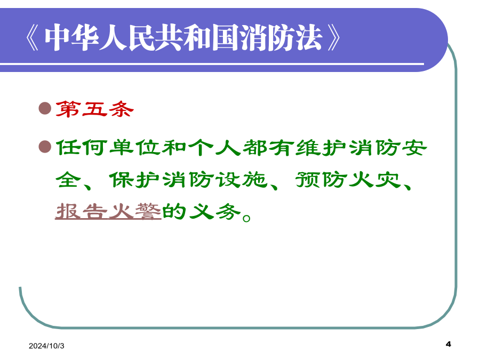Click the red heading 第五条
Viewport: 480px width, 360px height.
pos(94,109)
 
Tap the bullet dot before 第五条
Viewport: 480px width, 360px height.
pos(45,108)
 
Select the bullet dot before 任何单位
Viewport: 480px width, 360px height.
pos(45,147)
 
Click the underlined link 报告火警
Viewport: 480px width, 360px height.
pos(108,211)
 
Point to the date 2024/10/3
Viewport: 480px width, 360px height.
pos(46,346)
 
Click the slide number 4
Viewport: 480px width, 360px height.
pos(449,344)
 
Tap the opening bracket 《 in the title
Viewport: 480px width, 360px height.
pos(33,38)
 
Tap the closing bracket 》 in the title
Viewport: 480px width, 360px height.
pos(334,38)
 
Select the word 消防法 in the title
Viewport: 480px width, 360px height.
pos(281,37)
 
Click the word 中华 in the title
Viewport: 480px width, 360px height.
pos(72,37)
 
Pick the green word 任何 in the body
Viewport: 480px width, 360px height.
pos(82,148)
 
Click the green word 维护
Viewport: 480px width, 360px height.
pos(321,148)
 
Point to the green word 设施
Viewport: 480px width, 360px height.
pos(241,179)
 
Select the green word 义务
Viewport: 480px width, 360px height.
pos(215,211)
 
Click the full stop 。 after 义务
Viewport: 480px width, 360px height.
pos(246,218)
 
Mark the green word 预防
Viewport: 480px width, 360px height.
pos(321,179)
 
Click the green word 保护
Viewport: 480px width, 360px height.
pos(135,179)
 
